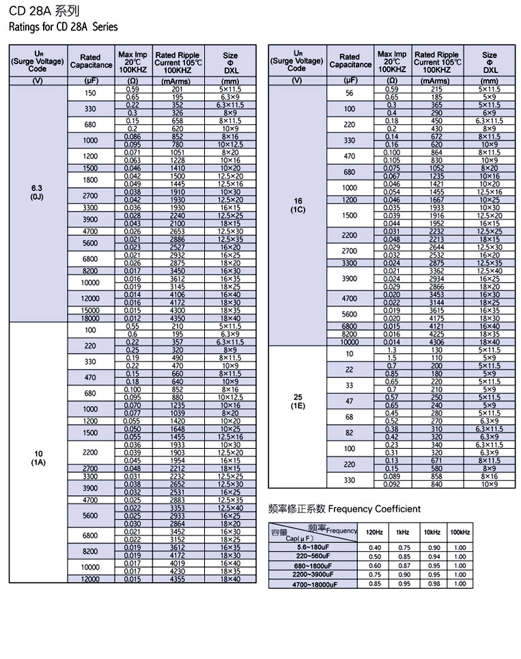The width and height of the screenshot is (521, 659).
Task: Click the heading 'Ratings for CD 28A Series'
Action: [63, 27]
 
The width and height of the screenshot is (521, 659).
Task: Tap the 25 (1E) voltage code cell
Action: [296, 401]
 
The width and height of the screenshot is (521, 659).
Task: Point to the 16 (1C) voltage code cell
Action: [296, 205]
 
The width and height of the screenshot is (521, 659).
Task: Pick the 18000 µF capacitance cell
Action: [90, 319]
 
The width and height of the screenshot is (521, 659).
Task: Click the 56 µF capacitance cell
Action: [349, 93]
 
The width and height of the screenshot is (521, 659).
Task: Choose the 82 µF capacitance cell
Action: [349, 433]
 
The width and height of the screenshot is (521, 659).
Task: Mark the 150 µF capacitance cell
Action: [90, 93]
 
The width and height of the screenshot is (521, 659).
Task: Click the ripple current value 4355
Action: [178, 579]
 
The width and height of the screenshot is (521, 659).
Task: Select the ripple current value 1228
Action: [178, 160]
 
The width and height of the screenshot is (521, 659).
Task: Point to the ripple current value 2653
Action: [178, 231]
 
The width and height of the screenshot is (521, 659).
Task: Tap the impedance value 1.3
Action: [391, 350]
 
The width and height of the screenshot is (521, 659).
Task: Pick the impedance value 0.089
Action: [391, 477]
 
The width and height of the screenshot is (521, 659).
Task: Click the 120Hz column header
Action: [375, 532]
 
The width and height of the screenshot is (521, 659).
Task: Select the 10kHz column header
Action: [432, 532]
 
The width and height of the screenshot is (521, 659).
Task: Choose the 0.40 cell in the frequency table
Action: [375, 547]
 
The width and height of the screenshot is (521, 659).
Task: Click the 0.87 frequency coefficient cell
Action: [404, 566]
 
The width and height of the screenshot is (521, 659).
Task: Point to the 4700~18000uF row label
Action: [313, 585]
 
